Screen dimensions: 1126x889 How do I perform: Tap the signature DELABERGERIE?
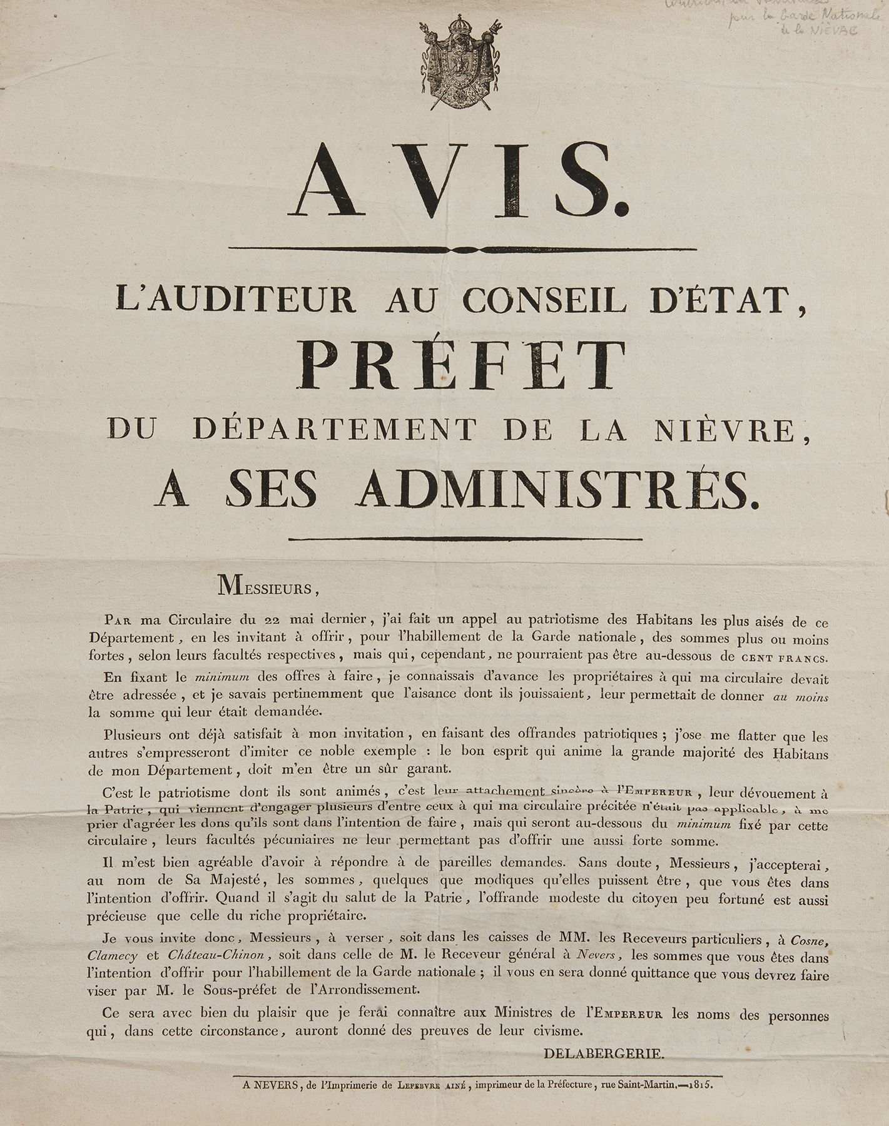(x=602, y=1054)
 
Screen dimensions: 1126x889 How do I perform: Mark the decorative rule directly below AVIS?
(x=463, y=250)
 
